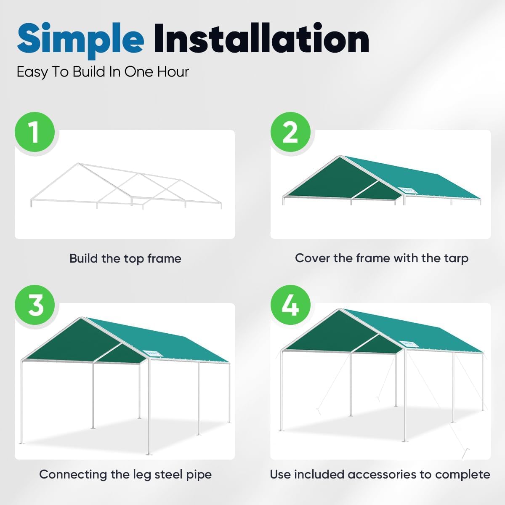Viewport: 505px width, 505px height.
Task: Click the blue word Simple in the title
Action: click(x=80, y=39)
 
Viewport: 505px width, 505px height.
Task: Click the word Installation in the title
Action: click(x=261, y=39)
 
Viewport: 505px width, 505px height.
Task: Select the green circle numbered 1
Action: click(x=35, y=132)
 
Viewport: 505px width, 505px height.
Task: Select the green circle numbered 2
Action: click(x=290, y=132)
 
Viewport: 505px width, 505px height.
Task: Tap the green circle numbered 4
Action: click(x=290, y=305)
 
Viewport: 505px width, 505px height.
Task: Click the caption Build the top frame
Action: click(x=125, y=258)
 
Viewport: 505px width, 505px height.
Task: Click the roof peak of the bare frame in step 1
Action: click(x=77, y=164)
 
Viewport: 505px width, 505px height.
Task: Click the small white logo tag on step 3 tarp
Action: click(x=150, y=353)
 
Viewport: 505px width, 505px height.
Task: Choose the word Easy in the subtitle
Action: click(x=32, y=72)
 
